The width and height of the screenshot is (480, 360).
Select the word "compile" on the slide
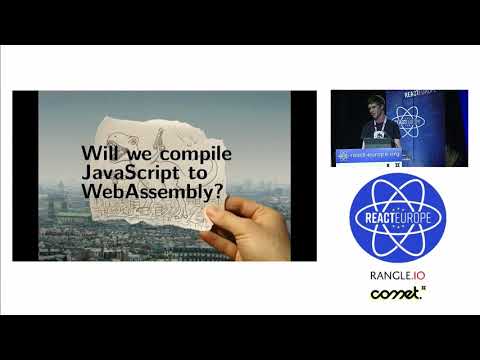[x=195, y=155]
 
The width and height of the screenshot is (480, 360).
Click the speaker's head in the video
[x=375, y=103]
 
